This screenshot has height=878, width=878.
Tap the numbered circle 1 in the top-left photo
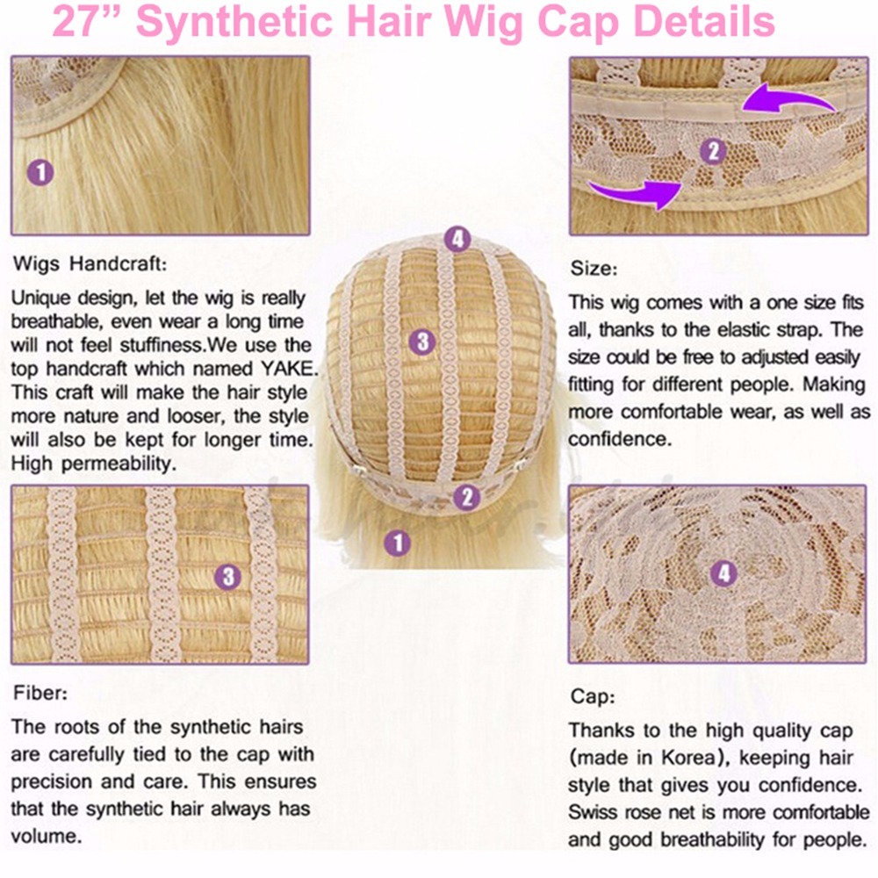(40, 172)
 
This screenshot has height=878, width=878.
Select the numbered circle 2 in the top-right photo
(713, 151)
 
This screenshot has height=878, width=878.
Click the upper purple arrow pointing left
(788, 98)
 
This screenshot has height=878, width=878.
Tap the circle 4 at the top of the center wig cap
(457, 239)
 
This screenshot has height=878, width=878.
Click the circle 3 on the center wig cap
(423, 342)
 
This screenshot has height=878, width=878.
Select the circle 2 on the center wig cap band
(466, 497)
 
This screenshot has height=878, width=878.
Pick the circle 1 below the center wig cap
(398, 543)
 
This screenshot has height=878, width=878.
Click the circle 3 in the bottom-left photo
(228, 577)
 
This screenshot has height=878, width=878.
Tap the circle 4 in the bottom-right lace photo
(724, 572)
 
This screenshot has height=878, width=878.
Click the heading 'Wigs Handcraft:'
(90, 263)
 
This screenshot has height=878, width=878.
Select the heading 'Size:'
(594, 269)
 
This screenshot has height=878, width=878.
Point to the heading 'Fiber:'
(40, 694)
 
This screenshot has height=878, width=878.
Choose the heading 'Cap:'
(593, 696)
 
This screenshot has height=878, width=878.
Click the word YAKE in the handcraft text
(289, 369)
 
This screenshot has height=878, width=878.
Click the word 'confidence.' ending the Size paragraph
(620, 439)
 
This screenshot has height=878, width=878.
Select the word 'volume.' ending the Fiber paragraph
(47, 836)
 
